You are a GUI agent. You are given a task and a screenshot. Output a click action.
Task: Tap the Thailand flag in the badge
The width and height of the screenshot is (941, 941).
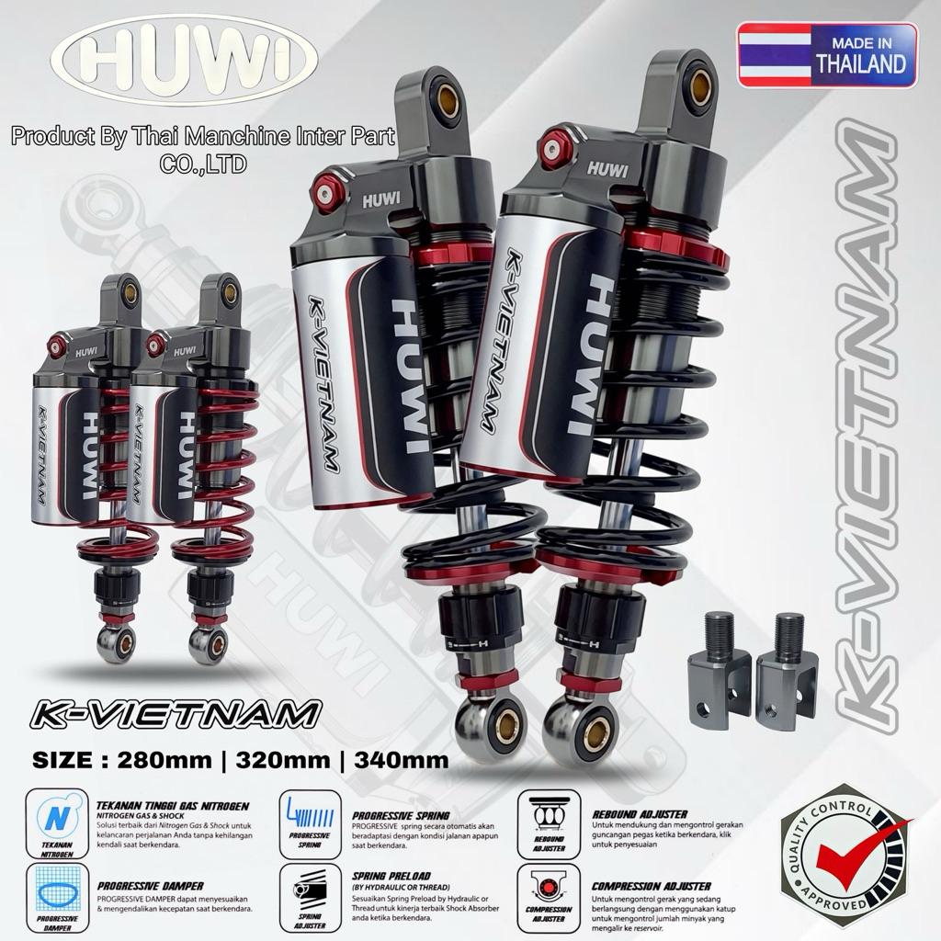click(x=774, y=55)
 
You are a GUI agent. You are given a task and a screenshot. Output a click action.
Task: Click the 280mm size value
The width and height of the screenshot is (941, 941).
click(x=210, y=760)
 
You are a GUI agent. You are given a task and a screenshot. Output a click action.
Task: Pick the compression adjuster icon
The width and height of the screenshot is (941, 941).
click(x=548, y=895)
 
